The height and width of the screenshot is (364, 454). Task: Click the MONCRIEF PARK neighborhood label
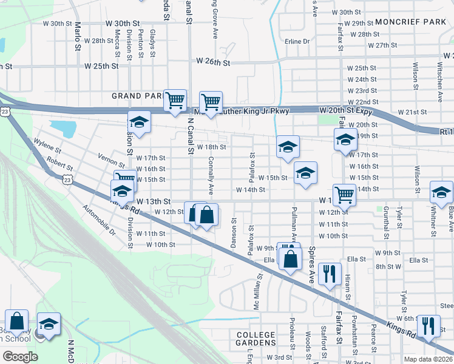click(x=411, y=22)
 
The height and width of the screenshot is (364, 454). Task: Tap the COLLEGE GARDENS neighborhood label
click(x=256, y=339)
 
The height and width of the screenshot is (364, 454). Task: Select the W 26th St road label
click(x=213, y=62)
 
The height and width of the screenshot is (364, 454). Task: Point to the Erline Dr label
click(x=297, y=41)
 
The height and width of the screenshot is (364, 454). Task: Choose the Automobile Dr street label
click(x=100, y=220)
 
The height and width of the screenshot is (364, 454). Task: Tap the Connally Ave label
click(x=211, y=176)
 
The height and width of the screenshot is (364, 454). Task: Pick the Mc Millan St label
click(x=259, y=291)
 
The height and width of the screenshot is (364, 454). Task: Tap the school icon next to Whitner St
click(x=441, y=192)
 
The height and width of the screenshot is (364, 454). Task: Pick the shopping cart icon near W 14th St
click(x=344, y=195)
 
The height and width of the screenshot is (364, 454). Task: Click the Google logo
click(x=20, y=356)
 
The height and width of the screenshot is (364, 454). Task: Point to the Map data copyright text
click(x=429, y=359)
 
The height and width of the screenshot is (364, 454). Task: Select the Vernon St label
click(x=112, y=160)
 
